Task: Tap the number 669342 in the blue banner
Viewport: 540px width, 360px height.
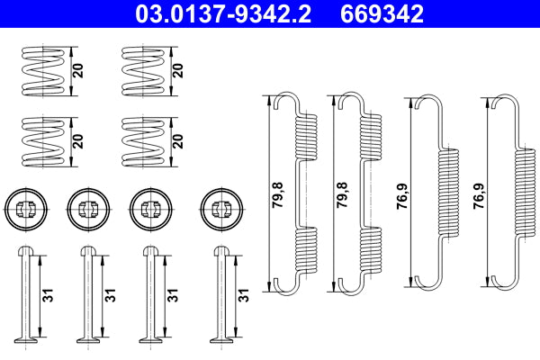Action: pos(382,13)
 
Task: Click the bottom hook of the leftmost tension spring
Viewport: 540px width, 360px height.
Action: pos(288,284)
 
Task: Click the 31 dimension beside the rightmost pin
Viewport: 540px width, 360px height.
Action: pos(243,294)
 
